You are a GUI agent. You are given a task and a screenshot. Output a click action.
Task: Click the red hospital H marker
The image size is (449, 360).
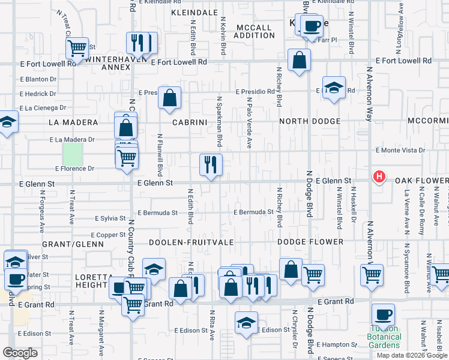point(379,176)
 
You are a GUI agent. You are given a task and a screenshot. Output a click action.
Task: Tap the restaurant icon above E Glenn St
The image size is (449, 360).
point(211,164)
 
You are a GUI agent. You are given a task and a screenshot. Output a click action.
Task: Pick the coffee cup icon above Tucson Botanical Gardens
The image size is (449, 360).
point(383,314)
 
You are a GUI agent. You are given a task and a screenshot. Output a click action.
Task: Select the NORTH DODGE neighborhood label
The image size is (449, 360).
point(310,121)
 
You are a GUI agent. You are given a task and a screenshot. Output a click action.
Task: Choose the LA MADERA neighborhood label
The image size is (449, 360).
point(73,122)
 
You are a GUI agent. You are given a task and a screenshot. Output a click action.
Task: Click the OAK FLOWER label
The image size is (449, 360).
point(421,181)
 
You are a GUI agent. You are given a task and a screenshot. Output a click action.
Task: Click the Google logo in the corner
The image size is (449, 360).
point(20,353)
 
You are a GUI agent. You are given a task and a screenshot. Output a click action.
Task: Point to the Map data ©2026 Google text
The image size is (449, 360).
point(412,355)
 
